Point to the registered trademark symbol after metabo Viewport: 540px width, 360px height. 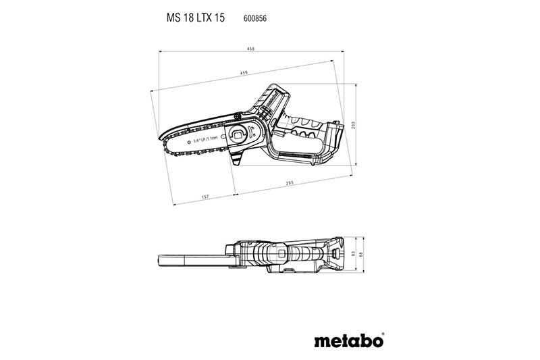tap(383, 332)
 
